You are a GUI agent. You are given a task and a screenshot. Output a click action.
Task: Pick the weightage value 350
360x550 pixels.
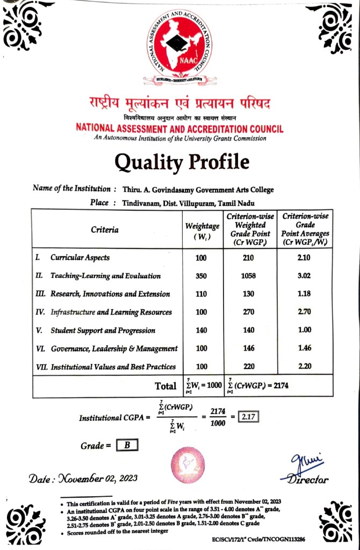coord(201,276)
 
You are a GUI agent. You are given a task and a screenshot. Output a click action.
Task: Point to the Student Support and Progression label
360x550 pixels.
coord(102,330)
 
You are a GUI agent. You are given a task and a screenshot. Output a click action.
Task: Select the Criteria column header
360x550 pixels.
coord(105,230)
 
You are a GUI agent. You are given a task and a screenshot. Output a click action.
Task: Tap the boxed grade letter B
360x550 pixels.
coord(127,445)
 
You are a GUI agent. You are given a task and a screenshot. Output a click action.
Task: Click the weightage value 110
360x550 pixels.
coord(201,294)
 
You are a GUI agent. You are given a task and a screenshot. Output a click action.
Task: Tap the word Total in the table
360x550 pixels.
coord(165,385)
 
